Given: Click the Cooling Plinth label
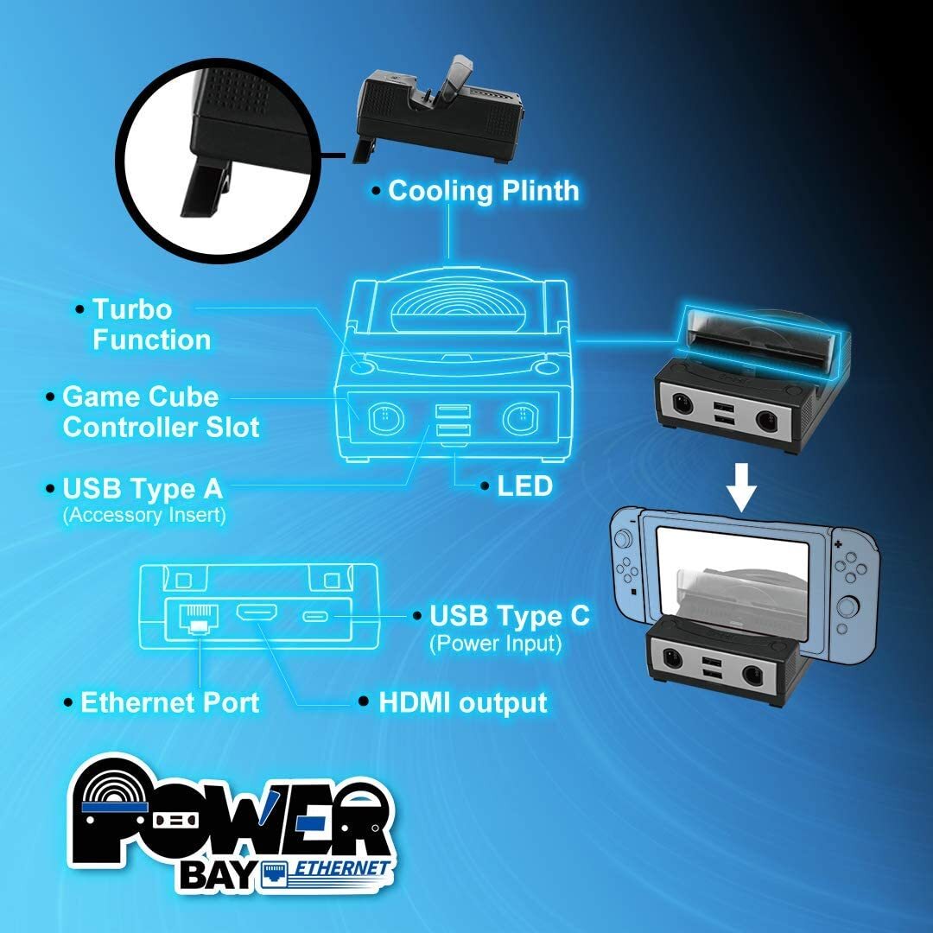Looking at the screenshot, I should [x=483, y=191].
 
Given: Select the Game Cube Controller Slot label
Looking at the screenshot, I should [x=161, y=412].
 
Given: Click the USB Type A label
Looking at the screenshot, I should [x=143, y=489].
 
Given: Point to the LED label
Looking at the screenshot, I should [x=524, y=486].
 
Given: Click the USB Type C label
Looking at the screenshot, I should [x=510, y=616].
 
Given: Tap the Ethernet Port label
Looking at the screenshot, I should [x=169, y=702].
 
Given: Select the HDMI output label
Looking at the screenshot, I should [x=463, y=702].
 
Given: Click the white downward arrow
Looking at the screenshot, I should [x=740, y=491].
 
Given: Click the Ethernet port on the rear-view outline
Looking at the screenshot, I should [x=198, y=616].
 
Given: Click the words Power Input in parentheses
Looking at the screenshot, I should [x=496, y=644].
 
